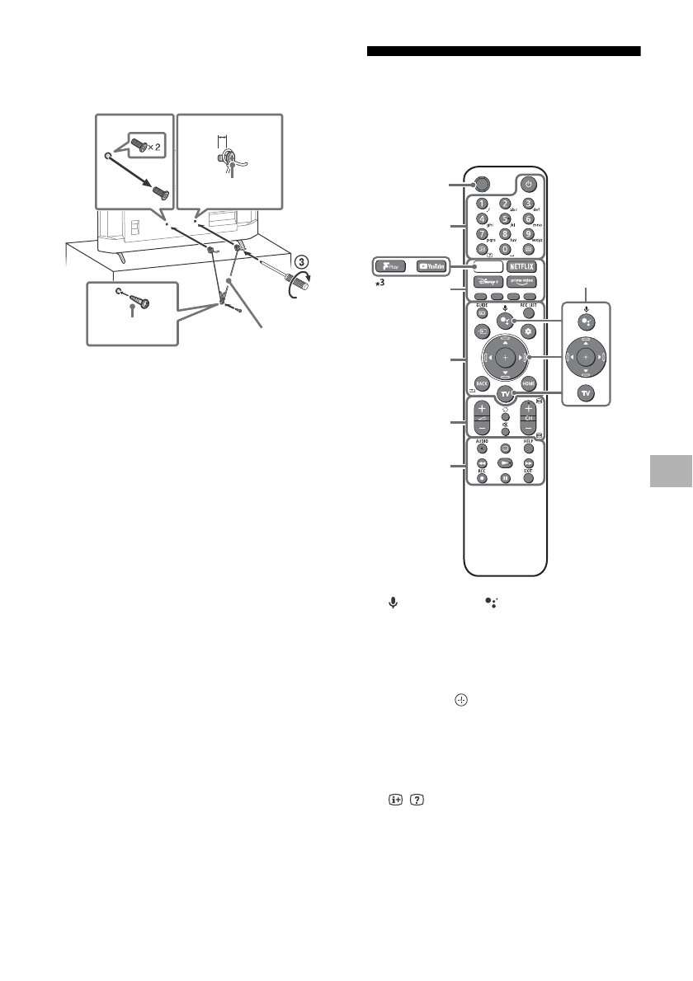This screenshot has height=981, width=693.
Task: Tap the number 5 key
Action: tap(506, 220)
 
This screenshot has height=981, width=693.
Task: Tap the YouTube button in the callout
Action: tap(433, 266)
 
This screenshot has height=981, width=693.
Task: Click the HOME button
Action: tap(529, 384)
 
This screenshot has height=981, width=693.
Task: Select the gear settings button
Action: tap(529, 331)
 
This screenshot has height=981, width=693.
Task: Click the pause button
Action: tap(506, 476)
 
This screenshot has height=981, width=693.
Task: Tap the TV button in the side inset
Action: tap(586, 393)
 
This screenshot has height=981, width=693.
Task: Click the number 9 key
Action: tap(529, 233)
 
